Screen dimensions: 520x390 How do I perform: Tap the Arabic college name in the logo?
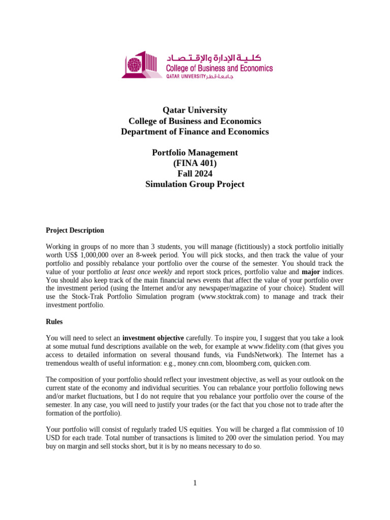[x=219, y=57]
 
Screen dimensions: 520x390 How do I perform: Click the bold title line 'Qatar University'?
[x=194, y=110]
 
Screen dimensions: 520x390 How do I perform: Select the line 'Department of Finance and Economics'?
[x=194, y=132]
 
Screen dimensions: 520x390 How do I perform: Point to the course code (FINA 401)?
[x=194, y=163]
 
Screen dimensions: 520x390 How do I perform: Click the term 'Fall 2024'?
[x=194, y=174]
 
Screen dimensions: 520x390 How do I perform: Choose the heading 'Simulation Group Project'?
[x=194, y=184]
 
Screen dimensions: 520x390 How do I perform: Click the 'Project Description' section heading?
[x=75, y=230]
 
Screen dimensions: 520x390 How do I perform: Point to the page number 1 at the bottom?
[x=194, y=482]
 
